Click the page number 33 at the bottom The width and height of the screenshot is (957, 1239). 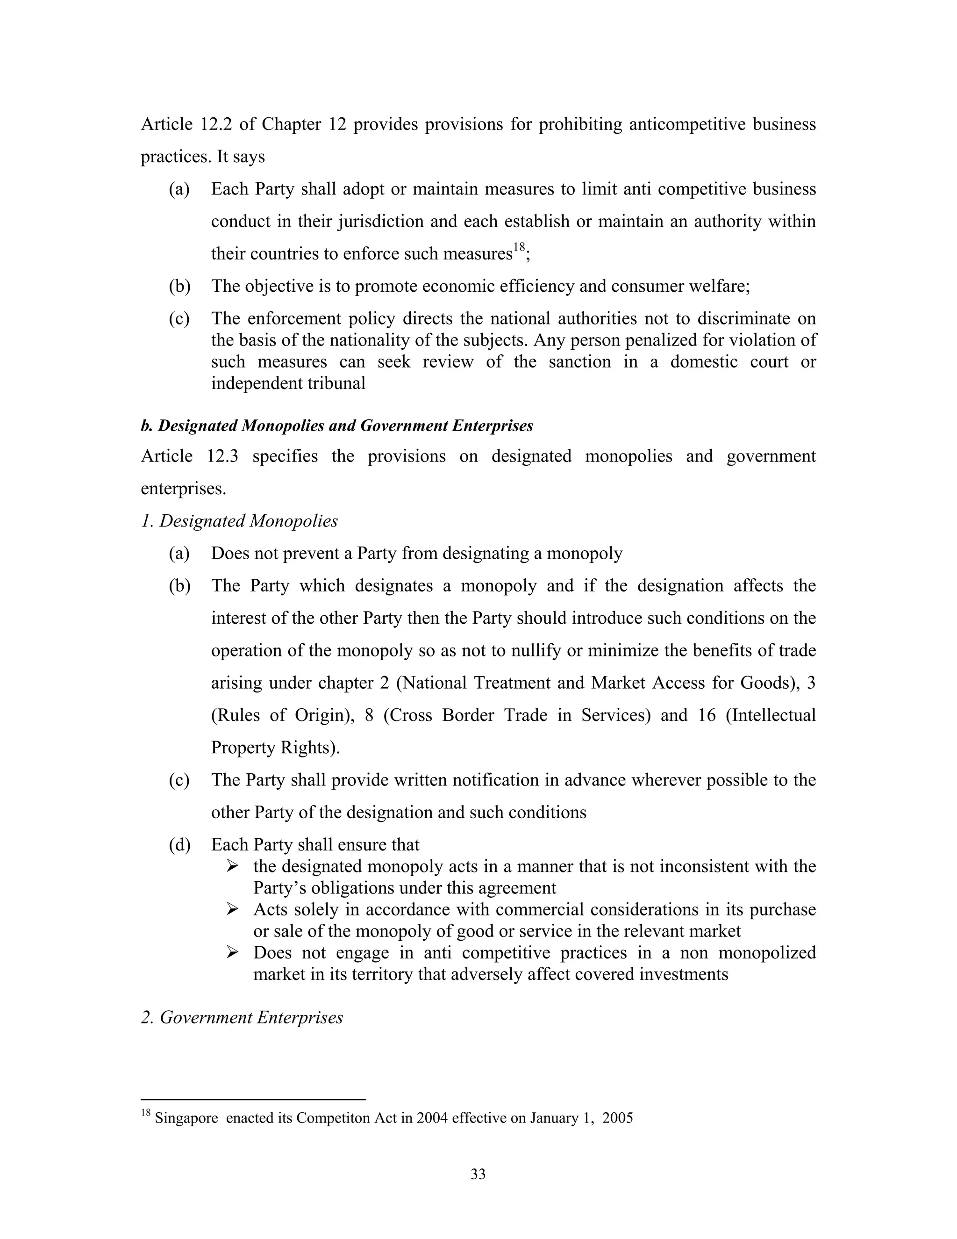pos(478,1174)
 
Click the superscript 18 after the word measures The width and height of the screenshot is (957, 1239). pos(519,247)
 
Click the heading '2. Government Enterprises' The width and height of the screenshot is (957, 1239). pos(242,1017)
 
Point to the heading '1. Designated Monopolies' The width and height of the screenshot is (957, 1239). pos(239,521)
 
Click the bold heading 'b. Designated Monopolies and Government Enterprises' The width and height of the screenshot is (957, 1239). pos(337,425)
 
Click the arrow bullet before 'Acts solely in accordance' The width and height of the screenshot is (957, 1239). pos(232,909)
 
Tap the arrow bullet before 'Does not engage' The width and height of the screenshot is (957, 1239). pos(232,952)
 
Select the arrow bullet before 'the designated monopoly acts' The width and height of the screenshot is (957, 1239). pos(232,866)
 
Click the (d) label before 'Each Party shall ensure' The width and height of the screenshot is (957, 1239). pos(179,845)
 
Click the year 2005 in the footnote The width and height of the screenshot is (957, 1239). pos(617,1117)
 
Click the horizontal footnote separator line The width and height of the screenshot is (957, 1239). pos(253,1099)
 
